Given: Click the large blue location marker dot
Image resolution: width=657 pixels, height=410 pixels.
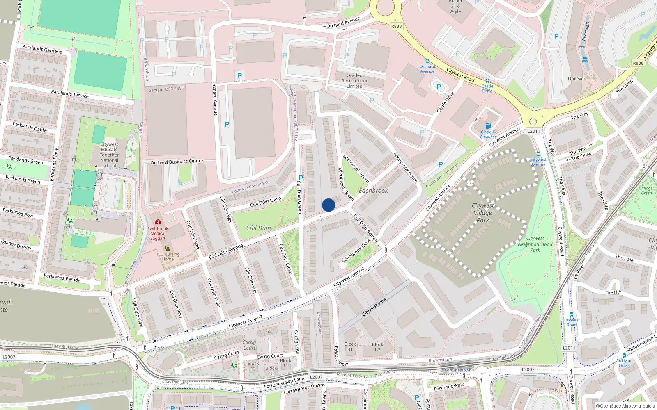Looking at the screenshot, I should pos(328,205).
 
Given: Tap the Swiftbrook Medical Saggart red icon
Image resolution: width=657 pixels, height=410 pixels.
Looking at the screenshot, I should pos(158,222).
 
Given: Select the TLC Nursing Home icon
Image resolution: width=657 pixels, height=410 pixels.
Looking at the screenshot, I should pos(168,248).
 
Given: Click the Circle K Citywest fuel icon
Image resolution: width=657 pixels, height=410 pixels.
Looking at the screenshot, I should pos(488,126).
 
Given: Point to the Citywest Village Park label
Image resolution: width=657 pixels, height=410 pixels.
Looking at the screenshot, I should pos(483,213).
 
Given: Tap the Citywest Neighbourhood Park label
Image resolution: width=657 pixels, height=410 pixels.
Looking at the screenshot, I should pos(535,244).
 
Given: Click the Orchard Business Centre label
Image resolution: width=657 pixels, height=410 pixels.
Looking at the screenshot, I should pos(177,162).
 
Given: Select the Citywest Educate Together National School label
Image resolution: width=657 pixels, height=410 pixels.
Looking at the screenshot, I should pos(109,155).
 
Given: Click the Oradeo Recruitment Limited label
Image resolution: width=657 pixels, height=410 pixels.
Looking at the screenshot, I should pos(354,81).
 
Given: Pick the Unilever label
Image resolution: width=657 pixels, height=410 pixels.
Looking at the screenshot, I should pos(577,79).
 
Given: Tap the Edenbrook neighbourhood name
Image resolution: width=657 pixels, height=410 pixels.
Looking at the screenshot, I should pos(373,191).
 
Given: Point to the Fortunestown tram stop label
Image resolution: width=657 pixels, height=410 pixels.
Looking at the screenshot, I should pos(458,370).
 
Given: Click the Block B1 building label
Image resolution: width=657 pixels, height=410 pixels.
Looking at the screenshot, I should pos(350,347).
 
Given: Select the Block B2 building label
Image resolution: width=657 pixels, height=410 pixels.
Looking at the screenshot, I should pos(377,347).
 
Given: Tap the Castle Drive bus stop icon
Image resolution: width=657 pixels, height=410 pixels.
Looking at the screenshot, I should pos(487,81).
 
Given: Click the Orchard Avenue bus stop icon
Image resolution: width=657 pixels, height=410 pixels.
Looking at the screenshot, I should pos(427,61).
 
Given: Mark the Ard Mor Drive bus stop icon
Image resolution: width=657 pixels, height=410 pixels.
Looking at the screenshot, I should pos(624,355).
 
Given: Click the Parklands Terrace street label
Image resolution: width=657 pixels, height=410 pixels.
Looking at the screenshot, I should pos(70,94).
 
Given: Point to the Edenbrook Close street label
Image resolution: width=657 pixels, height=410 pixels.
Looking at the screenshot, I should pos(356,251).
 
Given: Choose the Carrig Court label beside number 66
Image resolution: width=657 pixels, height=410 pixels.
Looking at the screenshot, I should pos(249,345).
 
